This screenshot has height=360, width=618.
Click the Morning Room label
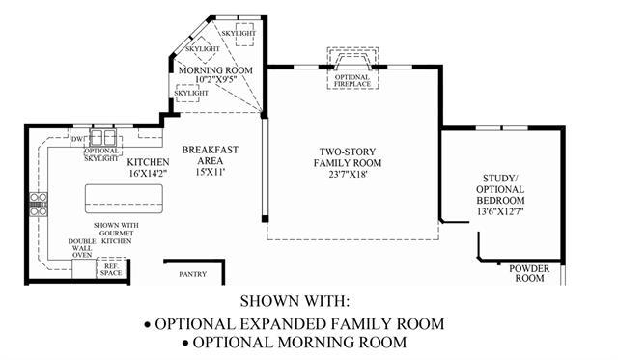(215, 70)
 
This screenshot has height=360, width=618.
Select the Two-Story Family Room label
(348, 157)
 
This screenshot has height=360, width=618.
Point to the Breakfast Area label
(211, 155)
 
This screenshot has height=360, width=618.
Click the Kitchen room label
(148, 162)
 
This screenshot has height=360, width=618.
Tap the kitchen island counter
(125, 199)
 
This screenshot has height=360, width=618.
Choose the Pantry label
(193, 274)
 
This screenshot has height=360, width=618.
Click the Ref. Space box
(112, 269)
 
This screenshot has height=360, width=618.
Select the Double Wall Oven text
(82, 248)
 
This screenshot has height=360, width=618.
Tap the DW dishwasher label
(77, 139)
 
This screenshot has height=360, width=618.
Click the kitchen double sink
(102, 138)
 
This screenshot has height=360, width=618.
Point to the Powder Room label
(529, 273)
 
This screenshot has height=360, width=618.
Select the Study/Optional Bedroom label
(500, 189)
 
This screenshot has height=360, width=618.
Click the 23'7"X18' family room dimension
(348, 174)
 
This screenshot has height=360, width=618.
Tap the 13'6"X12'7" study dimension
(500, 211)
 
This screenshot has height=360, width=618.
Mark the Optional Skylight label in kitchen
(101, 154)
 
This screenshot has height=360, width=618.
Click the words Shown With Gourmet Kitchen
(116, 233)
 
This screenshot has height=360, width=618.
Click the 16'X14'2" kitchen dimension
(148, 173)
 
